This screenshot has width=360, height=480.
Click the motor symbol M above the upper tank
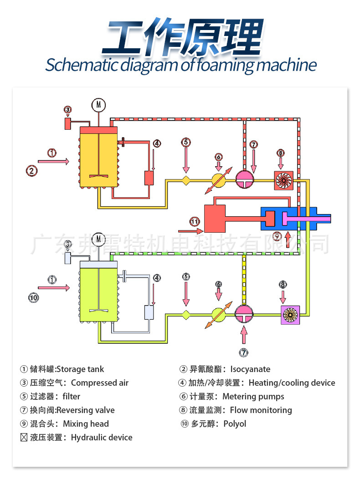point(98,105)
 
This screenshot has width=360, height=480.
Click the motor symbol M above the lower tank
point(98,239)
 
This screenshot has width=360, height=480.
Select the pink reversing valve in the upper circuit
point(246,180)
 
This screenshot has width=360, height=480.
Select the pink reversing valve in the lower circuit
point(246,315)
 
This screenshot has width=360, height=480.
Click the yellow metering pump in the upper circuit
point(219,180)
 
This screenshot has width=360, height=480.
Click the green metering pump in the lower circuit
point(219,315)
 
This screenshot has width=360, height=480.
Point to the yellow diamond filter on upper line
point(186,180)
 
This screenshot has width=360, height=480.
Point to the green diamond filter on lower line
point(186,315)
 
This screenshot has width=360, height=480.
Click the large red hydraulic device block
point(215,219)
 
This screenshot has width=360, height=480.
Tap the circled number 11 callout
point(195,222)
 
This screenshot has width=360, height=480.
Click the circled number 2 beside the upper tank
point(31,171)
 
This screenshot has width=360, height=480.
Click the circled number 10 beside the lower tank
point(33,298)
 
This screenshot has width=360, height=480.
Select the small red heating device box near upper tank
point(149,178)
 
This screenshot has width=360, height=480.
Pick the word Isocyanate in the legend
point(250,369)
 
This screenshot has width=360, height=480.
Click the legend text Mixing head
point(86,424)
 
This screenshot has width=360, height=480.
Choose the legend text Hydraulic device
point(102,438)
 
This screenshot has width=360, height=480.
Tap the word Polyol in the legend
point(235,424)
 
